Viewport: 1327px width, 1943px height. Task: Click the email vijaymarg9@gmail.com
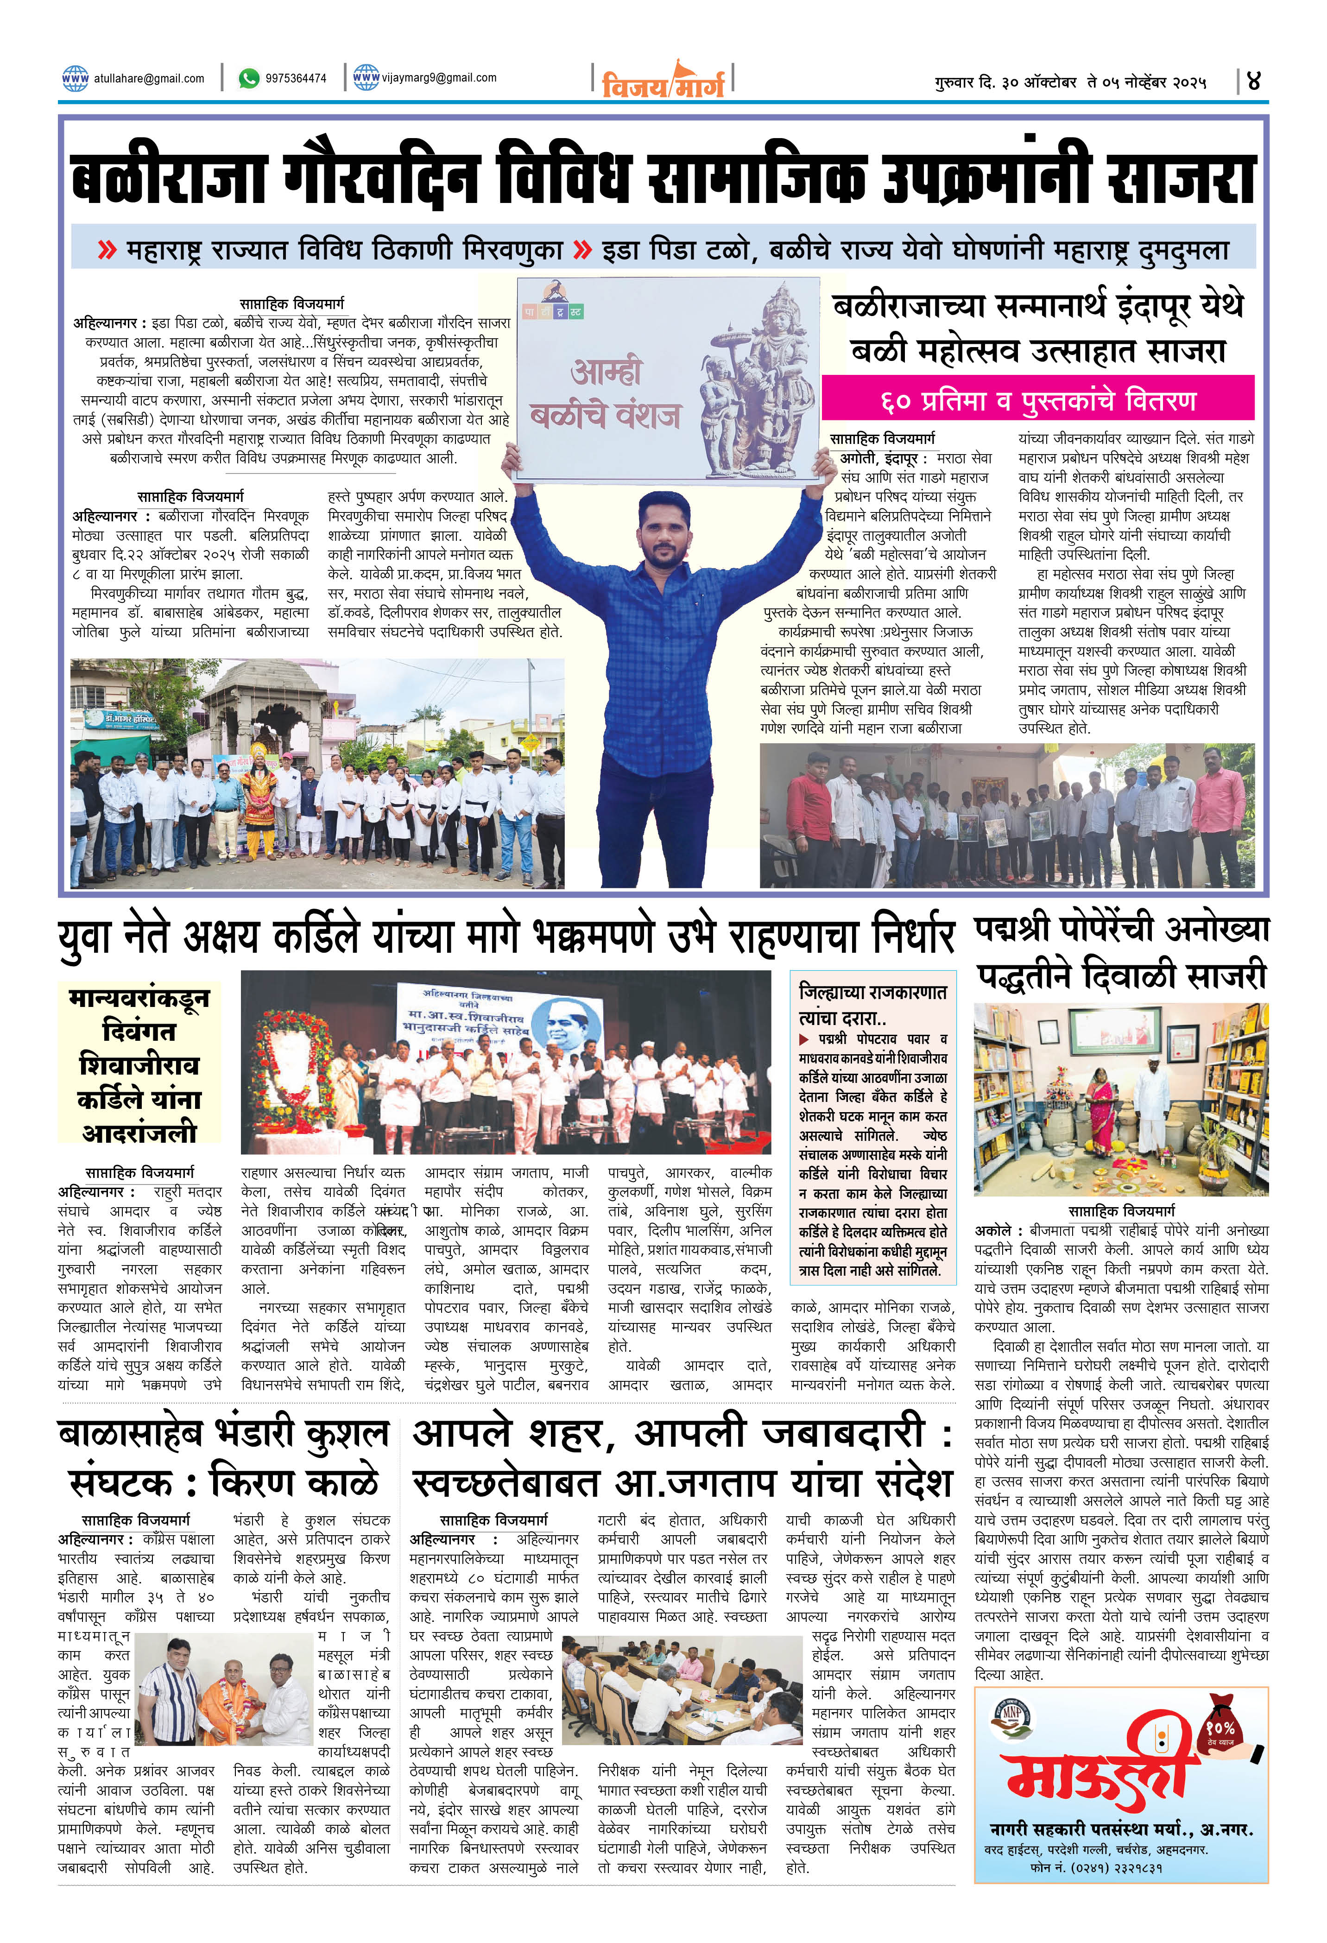[438, 78]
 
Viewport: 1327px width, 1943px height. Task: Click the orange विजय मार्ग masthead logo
[662, 82]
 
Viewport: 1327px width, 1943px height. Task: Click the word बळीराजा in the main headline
[167, 178]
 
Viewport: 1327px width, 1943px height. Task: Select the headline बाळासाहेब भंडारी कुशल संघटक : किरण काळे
[222, 1460]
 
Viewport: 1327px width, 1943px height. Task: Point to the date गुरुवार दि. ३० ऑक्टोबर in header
[1004, 83]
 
